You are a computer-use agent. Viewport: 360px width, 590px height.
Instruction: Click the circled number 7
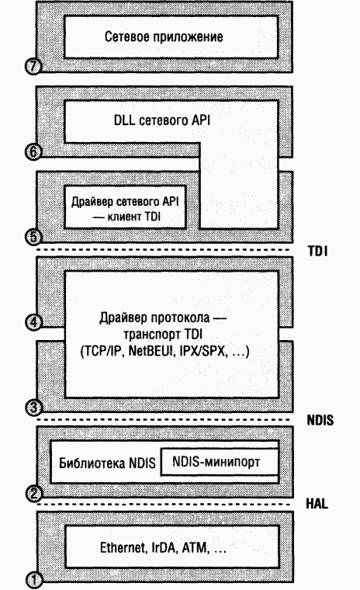33,66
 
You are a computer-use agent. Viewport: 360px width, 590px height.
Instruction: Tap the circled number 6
33,151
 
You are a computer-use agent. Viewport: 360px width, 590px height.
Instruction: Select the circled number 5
33,237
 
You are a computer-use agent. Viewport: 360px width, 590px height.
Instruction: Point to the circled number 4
33,322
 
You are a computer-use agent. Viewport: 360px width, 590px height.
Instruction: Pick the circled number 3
33,408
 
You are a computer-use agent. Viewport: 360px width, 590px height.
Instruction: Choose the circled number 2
33,493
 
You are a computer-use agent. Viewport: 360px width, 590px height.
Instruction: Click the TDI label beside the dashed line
317,251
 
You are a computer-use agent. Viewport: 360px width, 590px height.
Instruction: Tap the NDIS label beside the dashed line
320,420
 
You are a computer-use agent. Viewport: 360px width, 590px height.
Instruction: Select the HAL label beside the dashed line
317,504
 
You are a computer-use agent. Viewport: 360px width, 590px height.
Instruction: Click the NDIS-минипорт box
220,462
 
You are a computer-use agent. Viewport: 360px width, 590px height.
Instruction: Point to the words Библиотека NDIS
107,463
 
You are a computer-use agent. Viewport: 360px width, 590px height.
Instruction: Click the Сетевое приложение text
164,36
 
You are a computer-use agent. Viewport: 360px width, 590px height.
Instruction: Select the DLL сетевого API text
162,120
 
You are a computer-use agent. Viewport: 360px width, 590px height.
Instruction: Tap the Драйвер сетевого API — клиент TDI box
125,207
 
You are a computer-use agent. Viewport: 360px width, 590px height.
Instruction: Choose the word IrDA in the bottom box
164,547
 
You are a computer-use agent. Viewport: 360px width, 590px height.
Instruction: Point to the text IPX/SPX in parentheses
203,352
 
